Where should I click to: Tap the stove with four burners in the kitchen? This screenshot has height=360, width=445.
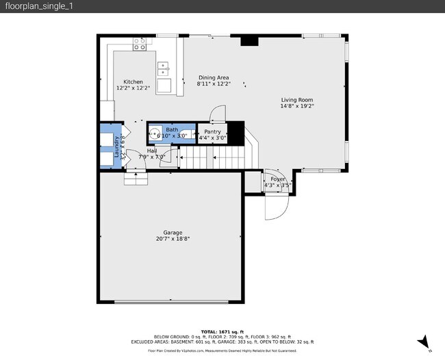(140, 44)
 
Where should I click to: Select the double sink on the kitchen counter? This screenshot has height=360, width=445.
(164, 68)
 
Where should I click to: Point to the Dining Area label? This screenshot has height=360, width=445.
(214, 77)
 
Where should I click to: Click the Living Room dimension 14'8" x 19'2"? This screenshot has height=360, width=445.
(296, 106)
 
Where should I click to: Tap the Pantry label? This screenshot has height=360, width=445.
(212, 131)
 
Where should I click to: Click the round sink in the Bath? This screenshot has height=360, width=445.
(155, 133)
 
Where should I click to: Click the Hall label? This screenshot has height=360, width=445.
(152, 151)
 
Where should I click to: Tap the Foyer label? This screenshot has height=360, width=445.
(277, 179)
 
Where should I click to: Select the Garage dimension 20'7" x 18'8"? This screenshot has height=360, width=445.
(173, 239)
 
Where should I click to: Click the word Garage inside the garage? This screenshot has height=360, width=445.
(173, 233)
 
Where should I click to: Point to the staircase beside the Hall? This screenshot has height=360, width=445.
(209, 159)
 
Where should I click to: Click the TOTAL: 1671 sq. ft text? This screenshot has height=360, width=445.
(222, 331)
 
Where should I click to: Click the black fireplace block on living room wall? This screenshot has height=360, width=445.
(249, 40)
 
